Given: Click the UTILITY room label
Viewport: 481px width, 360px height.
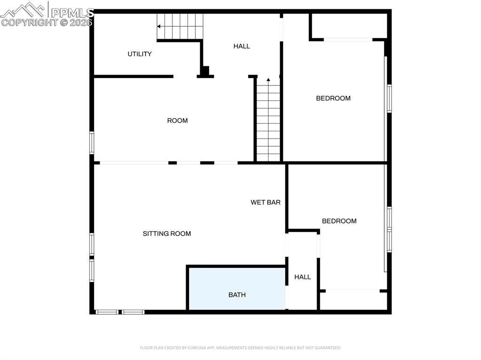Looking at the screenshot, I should click(x=140, y=54).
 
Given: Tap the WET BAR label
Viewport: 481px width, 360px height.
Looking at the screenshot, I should click(x=265, y=202).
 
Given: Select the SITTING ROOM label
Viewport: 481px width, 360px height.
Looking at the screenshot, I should click(x=167, y=233).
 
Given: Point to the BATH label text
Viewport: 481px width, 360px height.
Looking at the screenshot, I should click(x=237, y=295).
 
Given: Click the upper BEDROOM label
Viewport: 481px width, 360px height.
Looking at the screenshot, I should click(x=333, y=98).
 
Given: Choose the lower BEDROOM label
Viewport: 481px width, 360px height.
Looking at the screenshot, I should click(x=339, y=221).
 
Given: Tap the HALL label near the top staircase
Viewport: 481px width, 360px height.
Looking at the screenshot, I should click(x=241, y=46).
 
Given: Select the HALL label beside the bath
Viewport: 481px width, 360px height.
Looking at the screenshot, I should click(x=303, y=277).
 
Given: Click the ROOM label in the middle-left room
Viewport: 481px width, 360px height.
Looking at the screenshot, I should click(x=177, y=121).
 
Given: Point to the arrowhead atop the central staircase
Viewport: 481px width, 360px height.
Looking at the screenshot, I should click(x=268, y=80).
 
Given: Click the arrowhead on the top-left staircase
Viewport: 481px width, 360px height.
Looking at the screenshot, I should click(x=159, y=26).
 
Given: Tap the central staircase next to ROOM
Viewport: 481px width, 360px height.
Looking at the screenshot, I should click(x=268, y=122).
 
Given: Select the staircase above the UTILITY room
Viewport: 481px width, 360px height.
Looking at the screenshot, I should click(x=181, y=26).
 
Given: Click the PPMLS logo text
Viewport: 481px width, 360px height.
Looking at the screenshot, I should click(x=72, y=12).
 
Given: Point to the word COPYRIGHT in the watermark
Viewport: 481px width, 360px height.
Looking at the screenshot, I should click(x=29, y=22).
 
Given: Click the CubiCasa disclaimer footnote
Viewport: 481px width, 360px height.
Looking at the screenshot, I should click(x=240, y=348).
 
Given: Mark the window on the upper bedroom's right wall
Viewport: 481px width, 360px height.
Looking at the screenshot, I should click(x=389, y=98).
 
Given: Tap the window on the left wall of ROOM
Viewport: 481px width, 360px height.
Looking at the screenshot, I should click(x=92, y=142).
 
